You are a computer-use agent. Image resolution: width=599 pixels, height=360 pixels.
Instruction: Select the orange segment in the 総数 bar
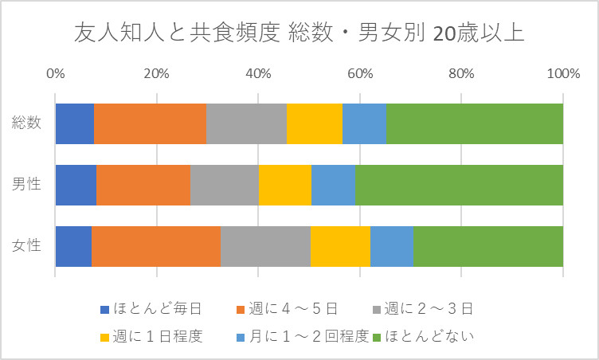(x=151, y=123)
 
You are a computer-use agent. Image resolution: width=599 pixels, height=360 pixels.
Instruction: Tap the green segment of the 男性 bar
(x=459, y=185)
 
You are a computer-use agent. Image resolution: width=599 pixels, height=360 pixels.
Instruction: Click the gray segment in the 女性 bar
(x=265, y=246)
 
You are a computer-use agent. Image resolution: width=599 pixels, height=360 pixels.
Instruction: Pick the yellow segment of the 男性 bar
(x=285, y=185)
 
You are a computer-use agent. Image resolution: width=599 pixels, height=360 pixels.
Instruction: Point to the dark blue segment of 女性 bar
(x=73, y=246)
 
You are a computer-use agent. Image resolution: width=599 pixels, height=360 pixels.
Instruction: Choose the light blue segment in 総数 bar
(x=365, y=123)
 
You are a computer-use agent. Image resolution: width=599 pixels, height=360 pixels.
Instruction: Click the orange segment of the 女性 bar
(x=156, y=246)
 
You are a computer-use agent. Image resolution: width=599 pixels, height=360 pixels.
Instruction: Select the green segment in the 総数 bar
(x=475, y=123)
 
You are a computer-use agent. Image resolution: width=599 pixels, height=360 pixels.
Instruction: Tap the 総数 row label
(x=27, y=123)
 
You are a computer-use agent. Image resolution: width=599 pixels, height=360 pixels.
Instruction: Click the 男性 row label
(x=27, y=185)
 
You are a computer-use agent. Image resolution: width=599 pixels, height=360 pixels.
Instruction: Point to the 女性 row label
(x=27, y=246)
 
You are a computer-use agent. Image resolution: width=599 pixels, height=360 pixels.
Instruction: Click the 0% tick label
(x=55, y=74)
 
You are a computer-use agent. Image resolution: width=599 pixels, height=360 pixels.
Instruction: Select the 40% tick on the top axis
(x=258, y=74)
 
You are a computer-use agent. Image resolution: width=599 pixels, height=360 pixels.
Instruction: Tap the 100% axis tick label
(x=562, y=74)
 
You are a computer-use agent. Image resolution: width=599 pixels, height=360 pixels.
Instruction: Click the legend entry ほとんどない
(x=430, y=335)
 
